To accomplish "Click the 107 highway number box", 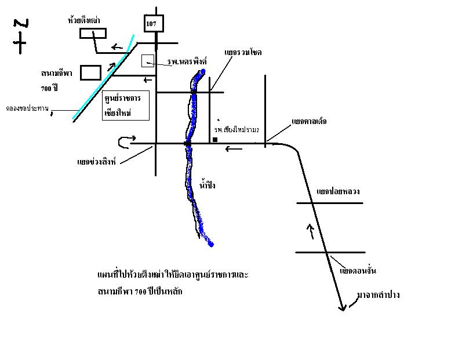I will point(154,23).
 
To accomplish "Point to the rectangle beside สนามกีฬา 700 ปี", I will point(90,72).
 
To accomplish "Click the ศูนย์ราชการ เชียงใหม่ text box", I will point(125,105).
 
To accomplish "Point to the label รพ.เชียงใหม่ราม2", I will point(237,129).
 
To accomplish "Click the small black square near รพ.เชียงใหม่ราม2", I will point(215,140).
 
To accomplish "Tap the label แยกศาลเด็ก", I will point(309,122).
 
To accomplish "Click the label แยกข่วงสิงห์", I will point(97,162).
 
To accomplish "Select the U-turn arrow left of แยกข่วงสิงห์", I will point(126,141).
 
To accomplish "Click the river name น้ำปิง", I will point(208,184).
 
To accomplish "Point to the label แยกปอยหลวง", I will point(334,191).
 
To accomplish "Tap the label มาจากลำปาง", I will point(379,295).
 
